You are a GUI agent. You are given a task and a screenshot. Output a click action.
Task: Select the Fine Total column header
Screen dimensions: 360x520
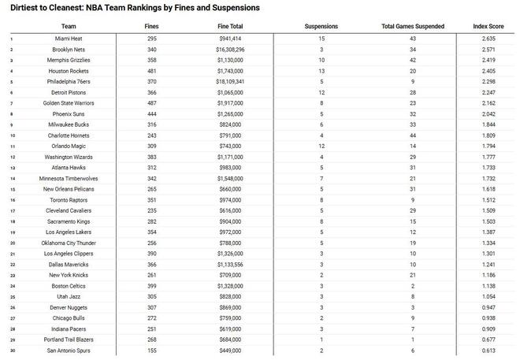pyautogui.click(x=230, y=26)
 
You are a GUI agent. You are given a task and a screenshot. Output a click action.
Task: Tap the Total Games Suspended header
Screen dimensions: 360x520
pyautogui.click(x=413, y=26)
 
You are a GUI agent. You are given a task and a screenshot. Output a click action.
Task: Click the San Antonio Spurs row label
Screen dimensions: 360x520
pyautogui.click(x=69, y=349)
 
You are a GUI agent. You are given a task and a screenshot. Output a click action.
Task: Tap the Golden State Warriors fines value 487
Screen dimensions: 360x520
pyautogui.click(x=152, y=103)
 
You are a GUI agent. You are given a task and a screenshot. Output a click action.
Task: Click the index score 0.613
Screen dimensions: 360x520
pyautogui.click(x=489, y=349)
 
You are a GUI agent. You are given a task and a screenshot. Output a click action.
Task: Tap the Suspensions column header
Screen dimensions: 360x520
pyautogui.click(x=321, y=26)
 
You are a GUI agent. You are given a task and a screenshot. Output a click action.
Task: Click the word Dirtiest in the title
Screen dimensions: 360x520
pyautogui.click(x=25, y=8)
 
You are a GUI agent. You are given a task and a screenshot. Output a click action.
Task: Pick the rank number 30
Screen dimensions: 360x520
pyautogui.click(x=12, y=349)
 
